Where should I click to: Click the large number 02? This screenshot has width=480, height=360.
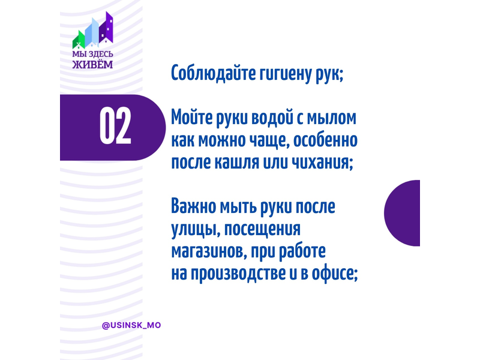(115, 126)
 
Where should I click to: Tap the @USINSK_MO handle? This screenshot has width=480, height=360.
(131, 325)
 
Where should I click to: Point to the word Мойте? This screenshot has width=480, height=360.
(191, 118)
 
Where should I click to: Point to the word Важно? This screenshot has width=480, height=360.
(193, 206)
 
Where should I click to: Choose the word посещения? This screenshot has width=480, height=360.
(263, 230)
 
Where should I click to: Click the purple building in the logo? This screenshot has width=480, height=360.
(106, 28)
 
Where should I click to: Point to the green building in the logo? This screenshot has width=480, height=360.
(79, 40)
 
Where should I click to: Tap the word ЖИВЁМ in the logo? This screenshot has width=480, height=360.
(92, 64)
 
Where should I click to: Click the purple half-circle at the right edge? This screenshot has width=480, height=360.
(402, 213)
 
